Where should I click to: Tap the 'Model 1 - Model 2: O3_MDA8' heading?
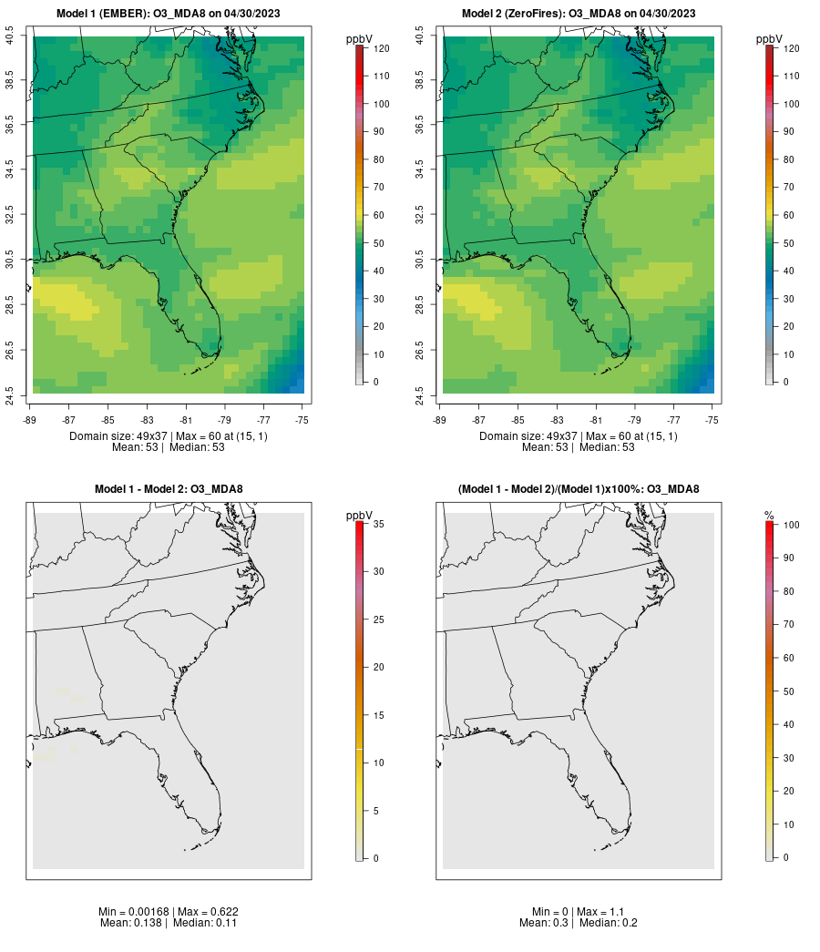[169, 489]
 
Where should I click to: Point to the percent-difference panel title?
[579, 489]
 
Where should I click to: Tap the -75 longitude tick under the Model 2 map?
[712, 419]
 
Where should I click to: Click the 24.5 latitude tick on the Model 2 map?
[420, 394]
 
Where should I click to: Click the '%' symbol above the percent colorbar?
[769, 516]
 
